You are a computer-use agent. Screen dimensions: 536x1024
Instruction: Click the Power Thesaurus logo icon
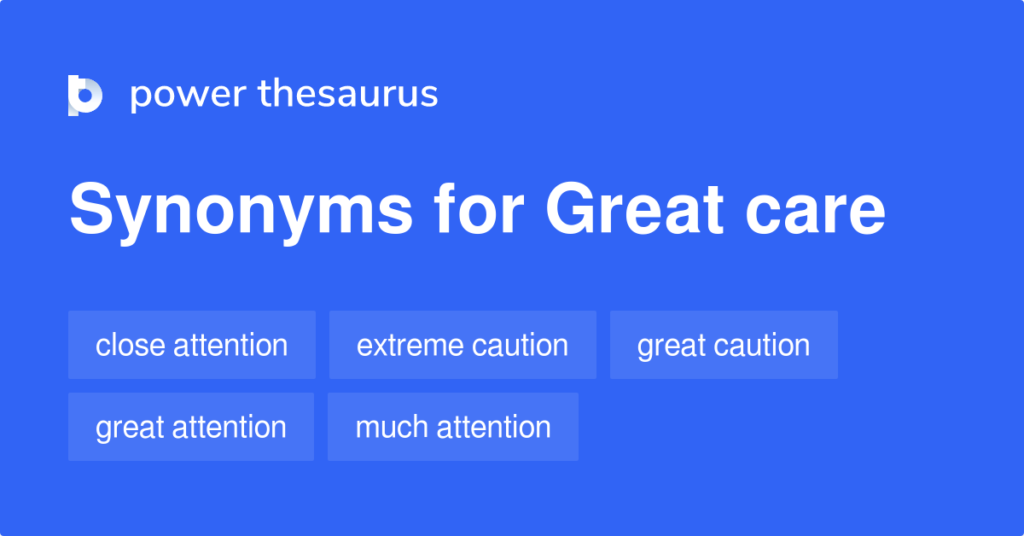[x=85, y=95]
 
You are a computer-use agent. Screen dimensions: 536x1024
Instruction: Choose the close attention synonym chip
[x=192, y=345]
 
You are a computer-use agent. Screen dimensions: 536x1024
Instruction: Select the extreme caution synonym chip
[x=463, y=345]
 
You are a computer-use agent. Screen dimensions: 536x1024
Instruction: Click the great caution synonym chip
[x=724, y=345]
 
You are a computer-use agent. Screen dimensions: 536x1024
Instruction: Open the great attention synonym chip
[x=191, y=427]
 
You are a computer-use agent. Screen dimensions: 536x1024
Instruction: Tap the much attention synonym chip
[x=453, y=427]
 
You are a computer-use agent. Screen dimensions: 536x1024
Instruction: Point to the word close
[x=131, y=345]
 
